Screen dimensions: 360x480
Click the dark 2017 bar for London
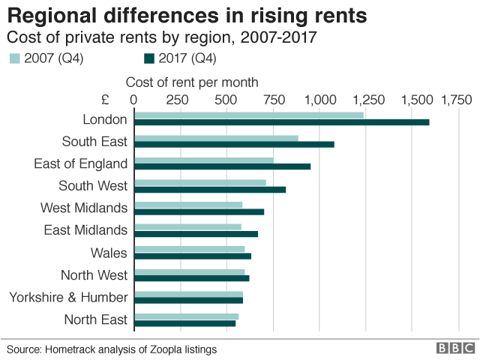(281, 121)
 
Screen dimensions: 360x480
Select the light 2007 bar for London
(248, 115)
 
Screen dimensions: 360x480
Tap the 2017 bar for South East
(234, 144)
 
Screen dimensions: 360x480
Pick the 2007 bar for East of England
(203, 160)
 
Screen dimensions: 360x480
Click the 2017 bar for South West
(210, 189)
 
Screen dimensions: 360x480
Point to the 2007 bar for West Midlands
(188, 205)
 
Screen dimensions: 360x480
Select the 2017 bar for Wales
(193, 256)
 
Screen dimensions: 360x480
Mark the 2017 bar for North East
(184, 323)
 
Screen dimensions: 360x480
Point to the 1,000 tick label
(320, 100)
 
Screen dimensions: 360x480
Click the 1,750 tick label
(457, 100)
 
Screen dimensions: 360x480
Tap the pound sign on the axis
(105, 100)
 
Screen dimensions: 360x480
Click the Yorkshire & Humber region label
(68, 298)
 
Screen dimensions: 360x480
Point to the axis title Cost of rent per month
(192, 82)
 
